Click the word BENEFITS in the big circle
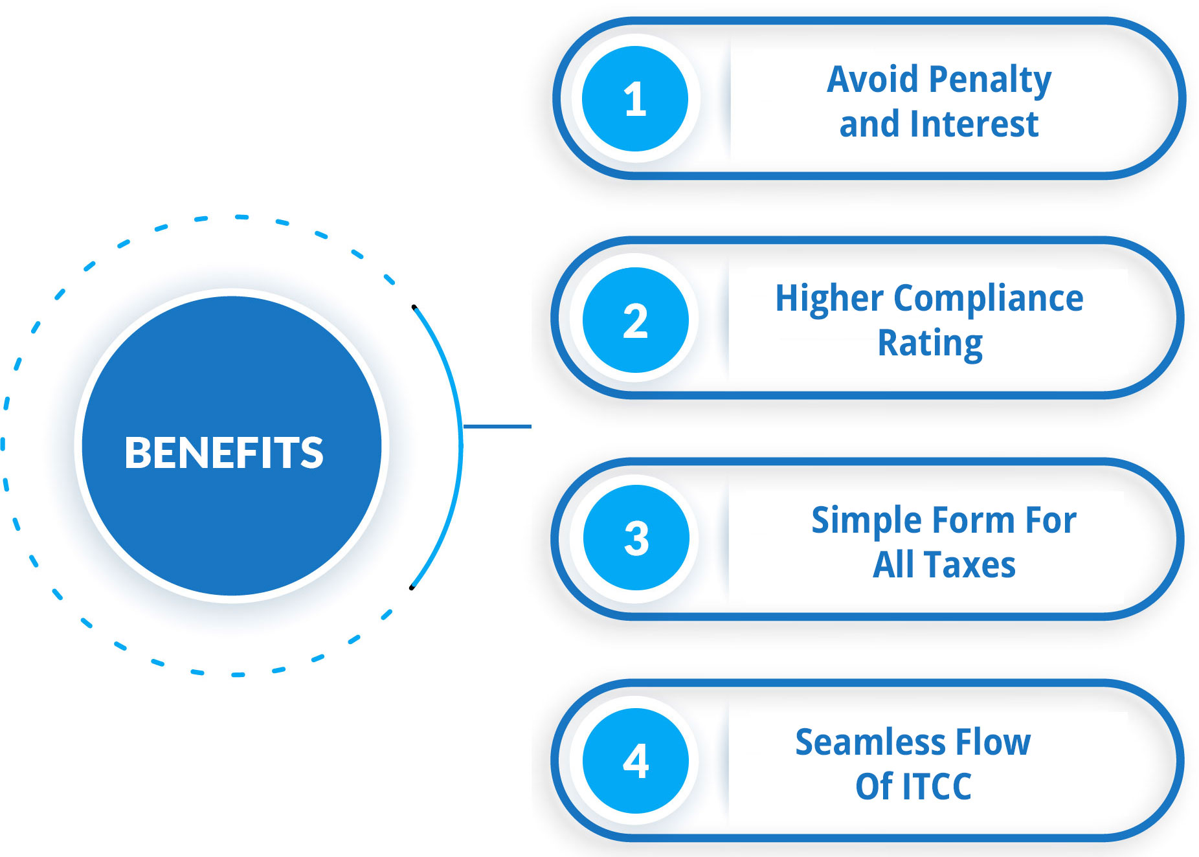(224, 452)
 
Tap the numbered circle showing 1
(635, 99)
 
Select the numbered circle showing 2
(636, 320)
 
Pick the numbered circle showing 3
(636, 537)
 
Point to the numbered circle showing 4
(636, 761)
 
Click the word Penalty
(990, 80)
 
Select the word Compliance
(989, 299)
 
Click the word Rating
(930, 343)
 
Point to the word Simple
(867, 521)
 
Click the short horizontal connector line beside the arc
(497, 427)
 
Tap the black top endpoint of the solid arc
(414, 307)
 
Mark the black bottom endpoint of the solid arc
(411, 588)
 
